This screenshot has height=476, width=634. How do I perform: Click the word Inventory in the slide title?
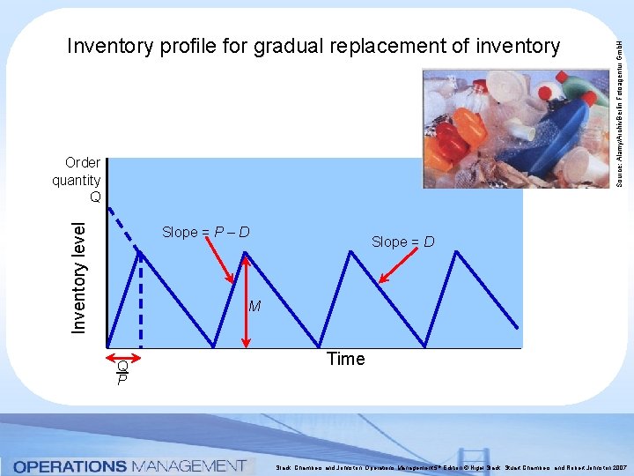(110, 46)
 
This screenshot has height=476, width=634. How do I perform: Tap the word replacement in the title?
(410, 46)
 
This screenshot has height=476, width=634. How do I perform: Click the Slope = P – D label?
(205, 233)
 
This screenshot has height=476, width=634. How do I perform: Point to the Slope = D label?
(402, 242)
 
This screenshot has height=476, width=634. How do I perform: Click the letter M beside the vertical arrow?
(254, 307)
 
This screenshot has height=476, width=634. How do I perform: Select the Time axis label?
(345, 359)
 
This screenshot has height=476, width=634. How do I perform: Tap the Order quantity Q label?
(77, 180)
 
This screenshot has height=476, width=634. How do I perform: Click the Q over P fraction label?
(122, 372)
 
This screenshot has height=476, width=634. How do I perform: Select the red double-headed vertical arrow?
(247, 300)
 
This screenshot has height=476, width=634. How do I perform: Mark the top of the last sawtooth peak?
(457, 252)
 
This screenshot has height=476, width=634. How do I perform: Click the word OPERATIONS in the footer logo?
(70, 465)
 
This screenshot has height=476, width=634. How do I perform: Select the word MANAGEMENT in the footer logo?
(188, 465)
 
